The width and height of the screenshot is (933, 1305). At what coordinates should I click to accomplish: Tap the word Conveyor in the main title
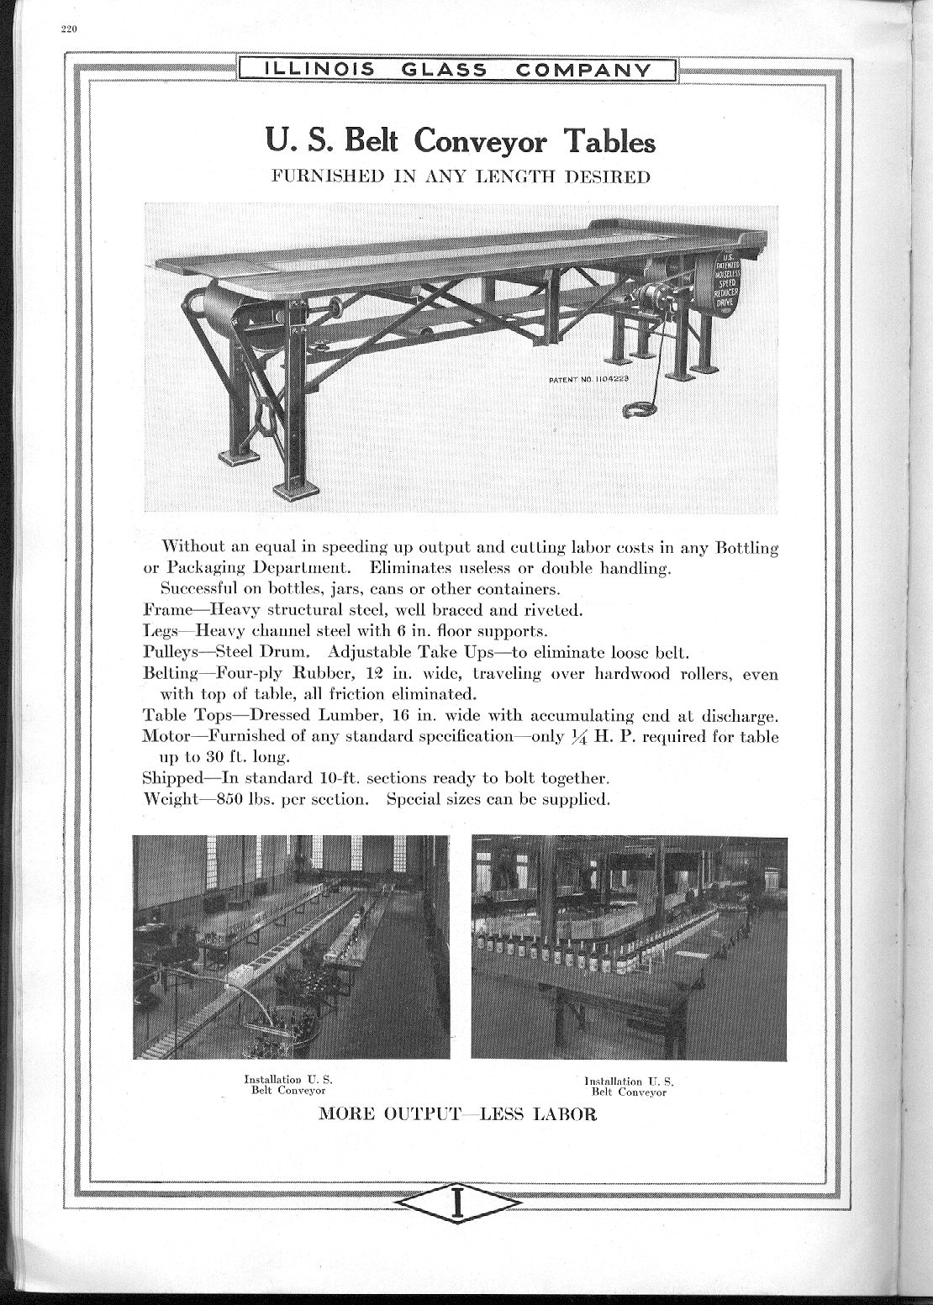[483, 140]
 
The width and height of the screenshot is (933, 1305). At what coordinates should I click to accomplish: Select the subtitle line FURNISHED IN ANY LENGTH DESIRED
[459, 176]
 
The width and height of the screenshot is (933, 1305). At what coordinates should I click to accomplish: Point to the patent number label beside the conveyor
[589, 379]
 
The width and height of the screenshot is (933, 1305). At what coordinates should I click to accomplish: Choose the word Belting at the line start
[171, 673]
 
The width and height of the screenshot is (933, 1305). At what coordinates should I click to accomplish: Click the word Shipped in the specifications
[173, 778]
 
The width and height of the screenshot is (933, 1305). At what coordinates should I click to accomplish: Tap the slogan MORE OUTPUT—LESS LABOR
[457, 1115]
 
